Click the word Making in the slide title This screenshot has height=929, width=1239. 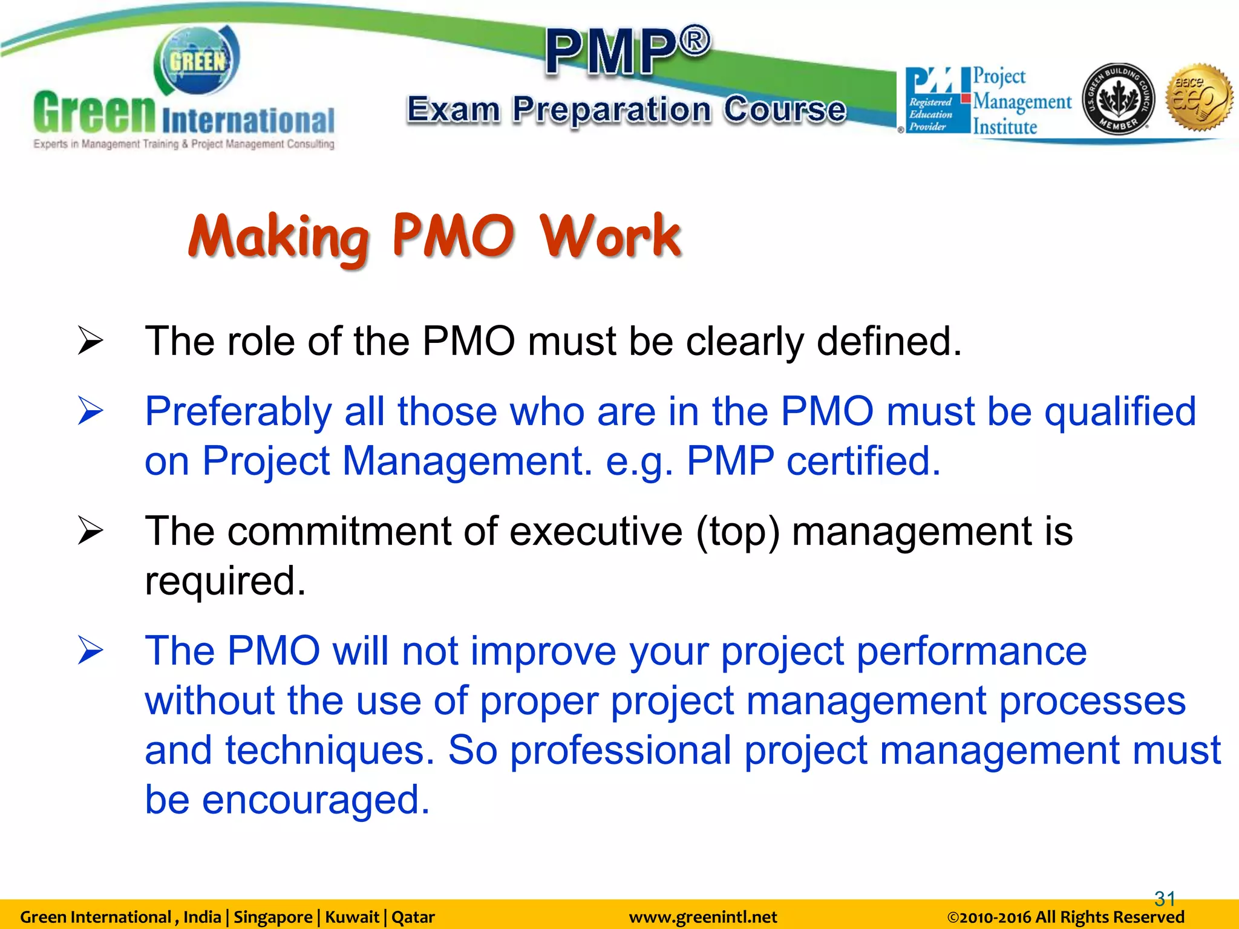(279, 238)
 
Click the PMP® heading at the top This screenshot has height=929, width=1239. (627, 51)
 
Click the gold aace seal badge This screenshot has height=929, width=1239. (1198, 97)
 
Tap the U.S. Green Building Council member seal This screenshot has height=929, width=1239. (1118, 99)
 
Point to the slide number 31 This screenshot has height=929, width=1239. (1165, 898)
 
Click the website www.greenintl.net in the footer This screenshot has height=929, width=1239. (703, 917)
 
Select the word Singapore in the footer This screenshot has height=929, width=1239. (273, 917)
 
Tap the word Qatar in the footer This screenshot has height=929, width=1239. (413, 917)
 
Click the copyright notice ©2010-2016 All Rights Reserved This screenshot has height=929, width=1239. (1065, 917)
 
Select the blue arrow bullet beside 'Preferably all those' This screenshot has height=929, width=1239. (91, 411)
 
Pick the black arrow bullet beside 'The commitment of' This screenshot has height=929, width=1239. (91, 531)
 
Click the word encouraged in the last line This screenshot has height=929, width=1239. (315, 800)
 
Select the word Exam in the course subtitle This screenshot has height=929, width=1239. (453, 110)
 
